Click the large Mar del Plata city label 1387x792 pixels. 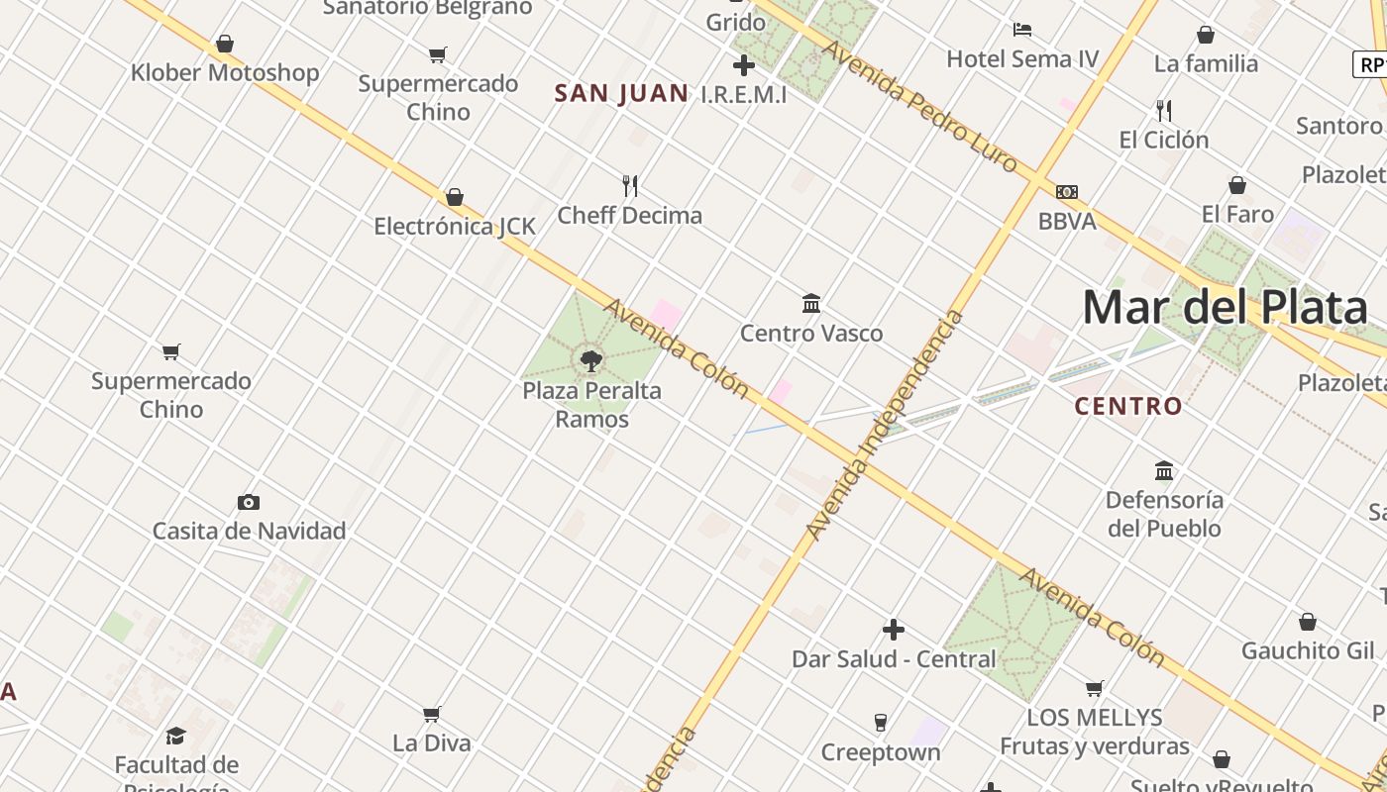coord(1225,308)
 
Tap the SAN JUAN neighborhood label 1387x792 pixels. coord(621,94)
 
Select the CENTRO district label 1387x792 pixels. coord(1128,406)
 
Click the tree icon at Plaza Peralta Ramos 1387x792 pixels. coord(591,361)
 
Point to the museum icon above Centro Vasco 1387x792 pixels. coord(811,303)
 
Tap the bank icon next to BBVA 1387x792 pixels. coord(1066,192)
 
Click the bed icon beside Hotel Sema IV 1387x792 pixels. coord(1022,30)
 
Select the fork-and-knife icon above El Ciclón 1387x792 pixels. coord(1164,110)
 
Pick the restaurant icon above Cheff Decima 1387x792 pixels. coord(630,185)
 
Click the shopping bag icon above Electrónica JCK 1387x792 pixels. coord(455,197)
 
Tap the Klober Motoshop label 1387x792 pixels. coord(225,72)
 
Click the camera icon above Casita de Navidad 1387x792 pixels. coord(249,502)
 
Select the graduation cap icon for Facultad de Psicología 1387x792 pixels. coord(176,736)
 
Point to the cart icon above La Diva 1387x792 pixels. coord(432,714)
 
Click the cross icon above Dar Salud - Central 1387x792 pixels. coord(894,630)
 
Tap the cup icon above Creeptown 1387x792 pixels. coord(880,723)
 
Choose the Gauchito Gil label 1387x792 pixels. coord(1308,650)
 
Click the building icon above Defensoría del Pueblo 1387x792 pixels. coord(1164,470)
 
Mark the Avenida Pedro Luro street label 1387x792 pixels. coord(920,106)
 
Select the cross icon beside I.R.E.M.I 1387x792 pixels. coord(743,66)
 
